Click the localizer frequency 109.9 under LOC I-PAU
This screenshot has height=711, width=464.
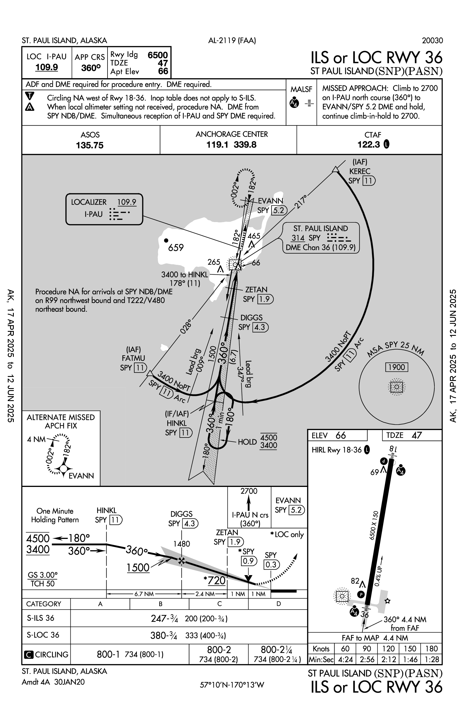pos(47,67)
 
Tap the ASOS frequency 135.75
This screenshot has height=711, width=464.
pos(90,145)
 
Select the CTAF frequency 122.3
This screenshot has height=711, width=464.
pos(369,144)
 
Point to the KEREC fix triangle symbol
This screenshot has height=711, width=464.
pos(336,169)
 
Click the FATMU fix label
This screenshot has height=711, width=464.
pos(133,358)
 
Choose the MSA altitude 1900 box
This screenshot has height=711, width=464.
pos(396,367)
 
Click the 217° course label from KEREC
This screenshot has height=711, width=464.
pos(301,202)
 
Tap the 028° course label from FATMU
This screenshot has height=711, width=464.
pos(186,326)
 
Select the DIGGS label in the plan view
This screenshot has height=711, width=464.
pos(252,317)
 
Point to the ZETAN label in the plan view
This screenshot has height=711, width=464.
pos(256,290)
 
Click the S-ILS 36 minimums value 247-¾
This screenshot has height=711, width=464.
pos(164,618)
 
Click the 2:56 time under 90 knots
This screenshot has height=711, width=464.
pos(367,659)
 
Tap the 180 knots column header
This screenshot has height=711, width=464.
pos(431,649)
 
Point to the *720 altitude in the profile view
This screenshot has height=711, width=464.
pos(214,581)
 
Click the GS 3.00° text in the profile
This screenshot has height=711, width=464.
pos(43,575)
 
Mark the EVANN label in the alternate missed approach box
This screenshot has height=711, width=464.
pos(81,476)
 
